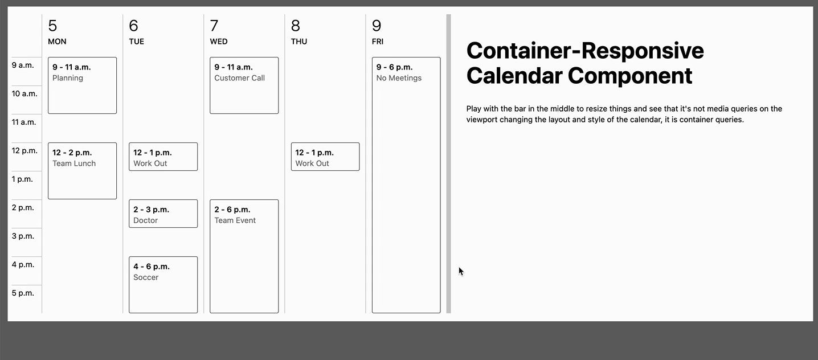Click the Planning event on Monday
pos(82,85)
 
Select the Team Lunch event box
pos(82,171)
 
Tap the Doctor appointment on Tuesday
pos(163,214)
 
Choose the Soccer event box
pos(163,285)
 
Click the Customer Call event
pos(244,85)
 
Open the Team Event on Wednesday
pos(244,256)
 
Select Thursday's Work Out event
pos(325,157)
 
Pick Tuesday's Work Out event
pos(163,157)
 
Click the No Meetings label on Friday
pos(399,78)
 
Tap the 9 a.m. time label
pos(23,66)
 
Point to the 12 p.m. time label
pos(24,151)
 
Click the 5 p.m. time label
pos(23,293)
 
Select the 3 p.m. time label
pos(23,236)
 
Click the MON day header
pos(57,42)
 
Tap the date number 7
pos(214,26)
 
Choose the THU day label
pos(298,42)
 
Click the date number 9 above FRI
pos(377,26)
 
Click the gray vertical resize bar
pos(448,163)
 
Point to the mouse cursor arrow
pos(461,271)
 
